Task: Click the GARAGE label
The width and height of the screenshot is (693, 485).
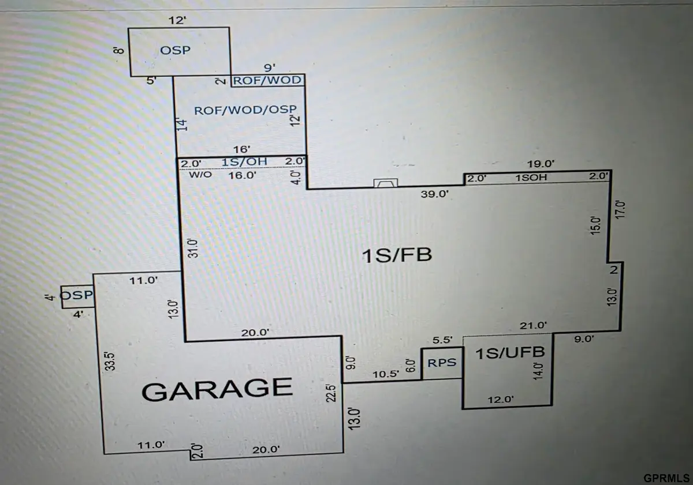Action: [217, 390]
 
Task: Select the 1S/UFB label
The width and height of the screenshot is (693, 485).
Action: [510, 353]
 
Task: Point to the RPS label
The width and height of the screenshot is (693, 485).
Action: [442, 363]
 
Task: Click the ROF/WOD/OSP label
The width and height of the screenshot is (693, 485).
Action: [245, 110]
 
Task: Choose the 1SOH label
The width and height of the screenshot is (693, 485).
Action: [531, 178]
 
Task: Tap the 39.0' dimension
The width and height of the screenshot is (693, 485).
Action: [434, 194]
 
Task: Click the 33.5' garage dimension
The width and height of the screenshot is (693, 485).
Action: [110, 361]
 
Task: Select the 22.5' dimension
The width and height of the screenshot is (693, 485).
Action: [331, 393]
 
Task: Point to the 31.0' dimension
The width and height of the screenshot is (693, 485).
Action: [193, 248]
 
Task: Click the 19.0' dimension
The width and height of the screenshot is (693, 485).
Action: [541, 164]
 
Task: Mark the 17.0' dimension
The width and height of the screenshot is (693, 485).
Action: [620, 210]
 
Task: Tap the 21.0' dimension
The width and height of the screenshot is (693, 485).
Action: [533, 326]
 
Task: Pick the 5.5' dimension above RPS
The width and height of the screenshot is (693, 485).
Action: [442, 340]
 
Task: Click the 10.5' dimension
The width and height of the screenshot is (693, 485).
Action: [386, 374]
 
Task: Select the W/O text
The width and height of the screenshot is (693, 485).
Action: [200, 175]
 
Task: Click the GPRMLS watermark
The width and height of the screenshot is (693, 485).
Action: [666, 478]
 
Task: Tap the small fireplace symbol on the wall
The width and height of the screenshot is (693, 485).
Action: [386, 183]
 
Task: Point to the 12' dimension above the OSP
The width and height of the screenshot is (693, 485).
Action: [177, 21]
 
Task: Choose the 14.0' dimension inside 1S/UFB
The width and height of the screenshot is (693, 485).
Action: [538, 371]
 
